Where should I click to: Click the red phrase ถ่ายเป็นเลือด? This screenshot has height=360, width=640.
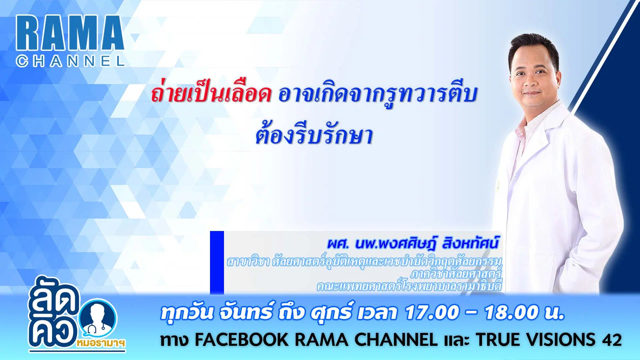211,94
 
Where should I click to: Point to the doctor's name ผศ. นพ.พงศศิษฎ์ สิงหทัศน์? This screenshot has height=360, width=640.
413,244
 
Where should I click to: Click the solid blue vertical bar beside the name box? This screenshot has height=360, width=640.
217,263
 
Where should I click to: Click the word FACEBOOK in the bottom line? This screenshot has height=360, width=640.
241,340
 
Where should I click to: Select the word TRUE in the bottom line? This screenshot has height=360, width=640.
497,340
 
